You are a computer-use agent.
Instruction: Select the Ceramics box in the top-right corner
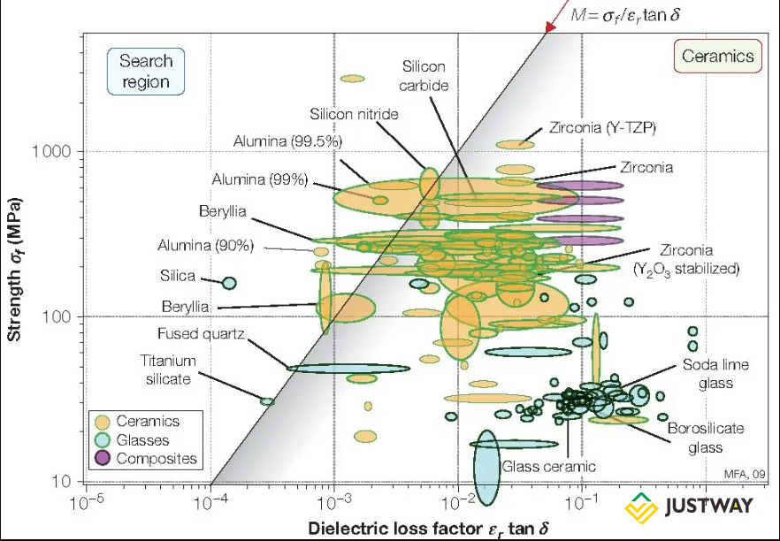[x=718, y=57]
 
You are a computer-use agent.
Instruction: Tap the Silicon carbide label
[x=424, y=76]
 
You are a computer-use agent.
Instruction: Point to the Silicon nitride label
[x=354, y=114]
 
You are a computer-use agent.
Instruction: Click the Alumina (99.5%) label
[x=287, y=141]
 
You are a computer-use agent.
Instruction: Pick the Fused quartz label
[x=200, y=334]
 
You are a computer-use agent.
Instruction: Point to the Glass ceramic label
[x=549, y=466]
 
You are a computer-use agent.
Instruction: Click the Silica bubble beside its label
[x=228, y=283]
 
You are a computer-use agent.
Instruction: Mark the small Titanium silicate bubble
[x=266, y=401]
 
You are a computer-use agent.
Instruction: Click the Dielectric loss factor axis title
[x=429, y=528]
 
